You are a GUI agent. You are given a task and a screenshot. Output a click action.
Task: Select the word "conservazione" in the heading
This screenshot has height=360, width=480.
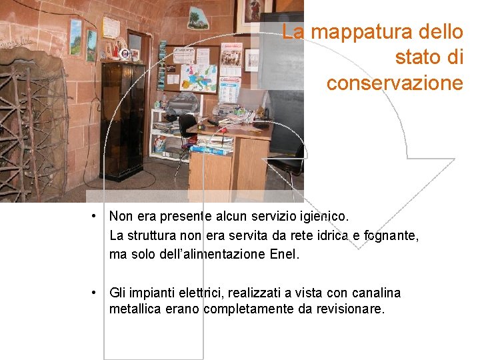[x=394, y=83]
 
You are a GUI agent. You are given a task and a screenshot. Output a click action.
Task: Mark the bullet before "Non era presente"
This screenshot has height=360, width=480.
[x=97, y=216]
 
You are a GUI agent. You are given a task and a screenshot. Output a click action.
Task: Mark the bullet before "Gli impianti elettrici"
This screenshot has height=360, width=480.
[x=97, y=293]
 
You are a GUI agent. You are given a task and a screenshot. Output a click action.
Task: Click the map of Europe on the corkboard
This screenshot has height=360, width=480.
[x=199, y=78]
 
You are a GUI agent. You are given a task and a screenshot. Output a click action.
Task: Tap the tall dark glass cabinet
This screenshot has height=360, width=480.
[x=123, y=120]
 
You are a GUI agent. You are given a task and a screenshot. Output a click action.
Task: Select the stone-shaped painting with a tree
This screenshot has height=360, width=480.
[x=198, y=18]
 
